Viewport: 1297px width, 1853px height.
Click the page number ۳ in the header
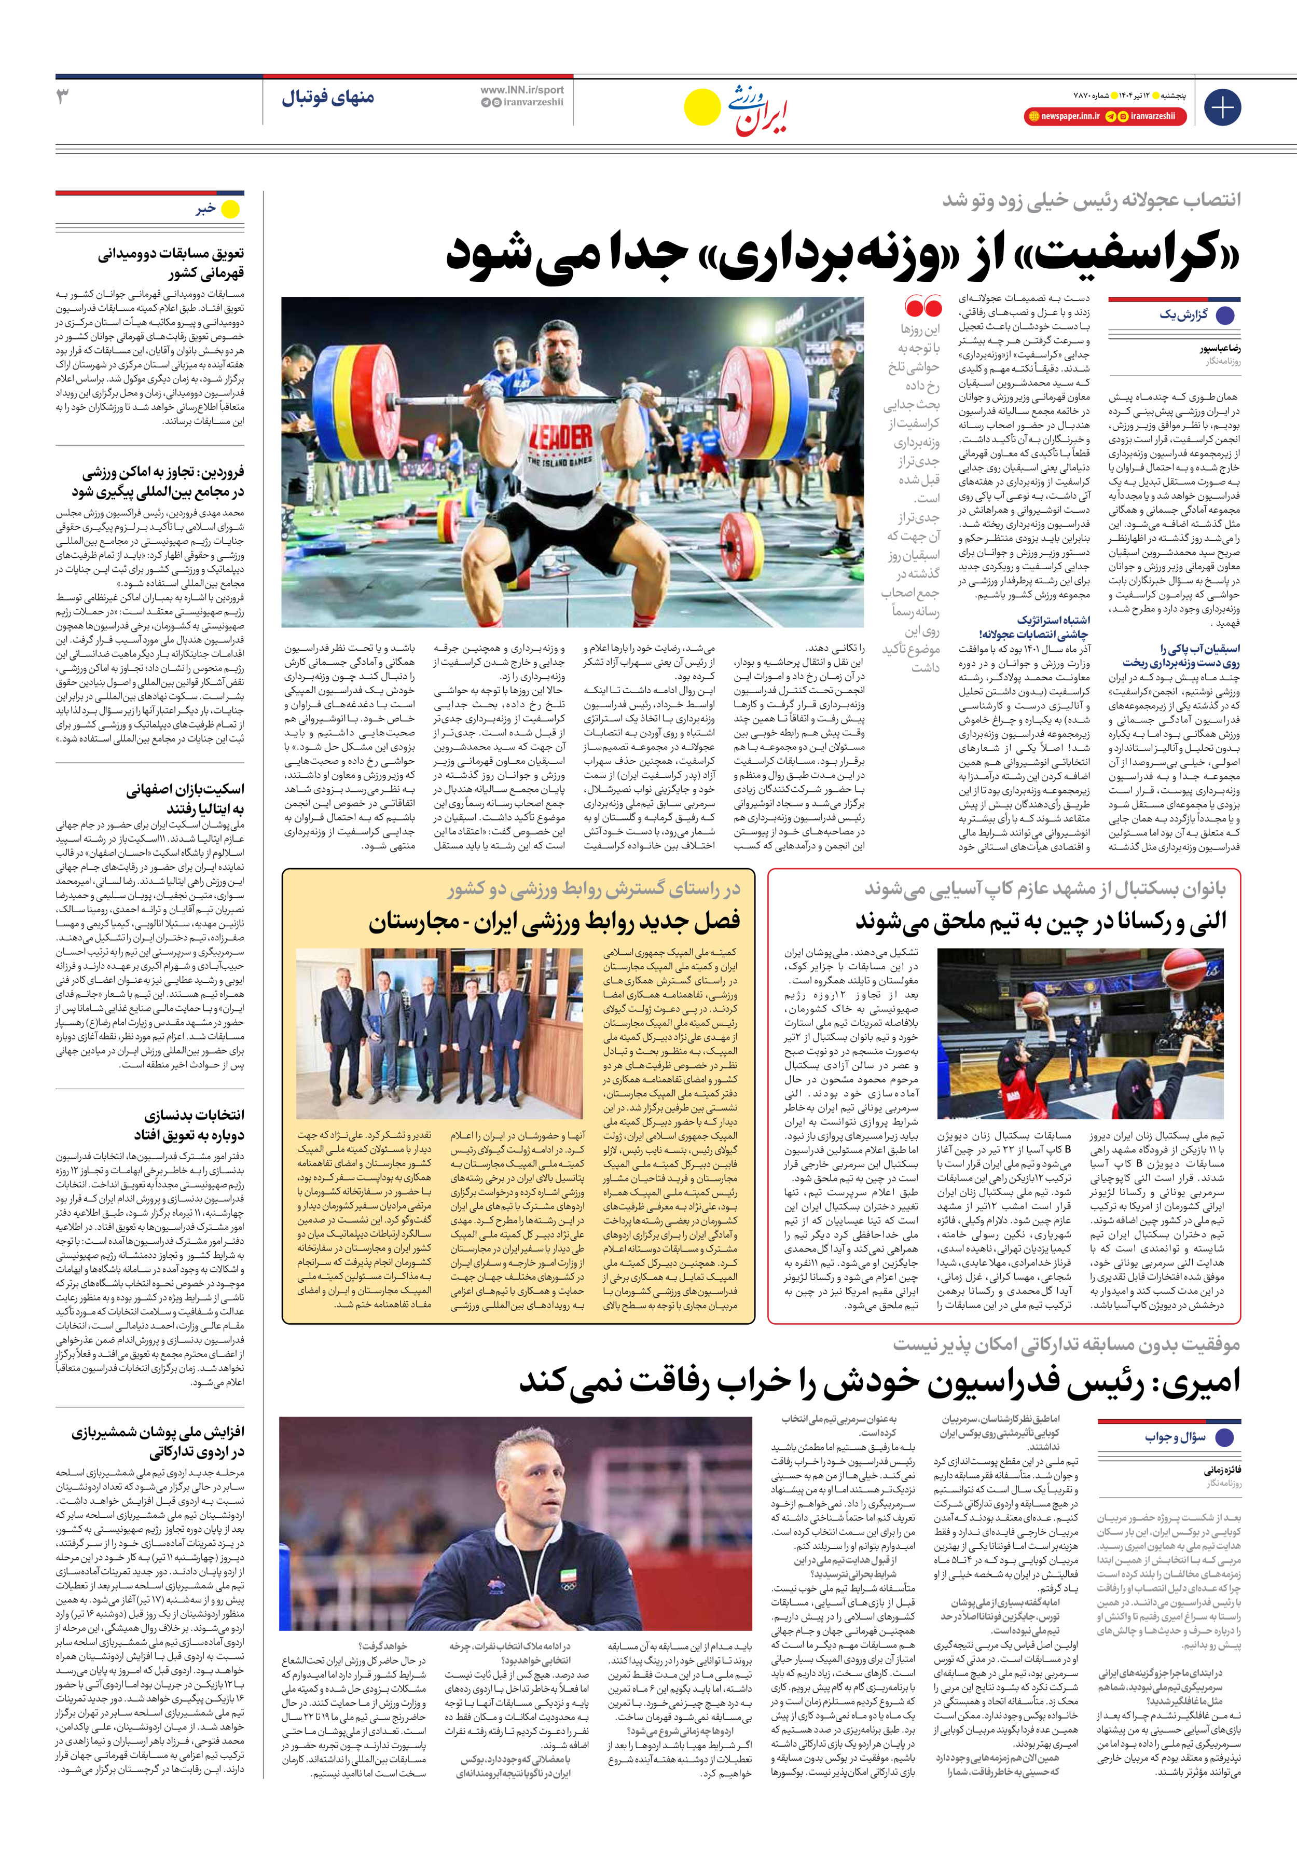tap(62, 97)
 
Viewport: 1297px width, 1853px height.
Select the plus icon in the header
tap(1222, 107)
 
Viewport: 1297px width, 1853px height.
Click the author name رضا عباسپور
tap(1220, 349)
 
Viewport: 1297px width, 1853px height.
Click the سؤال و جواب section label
tap(1175, 1437)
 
